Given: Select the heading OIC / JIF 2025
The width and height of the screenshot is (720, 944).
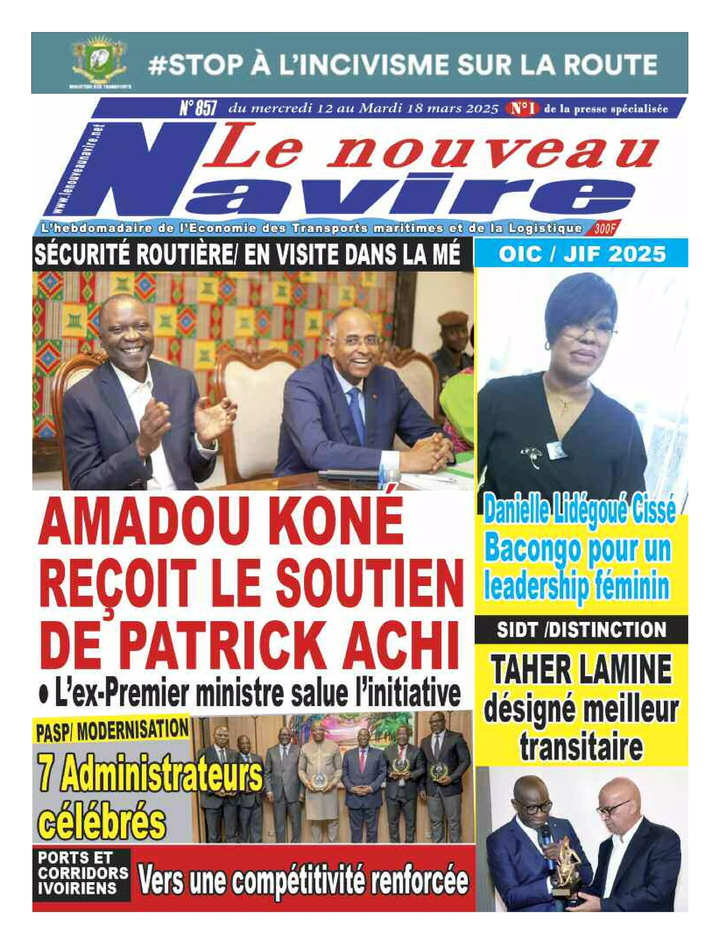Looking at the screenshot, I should (582, 254).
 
